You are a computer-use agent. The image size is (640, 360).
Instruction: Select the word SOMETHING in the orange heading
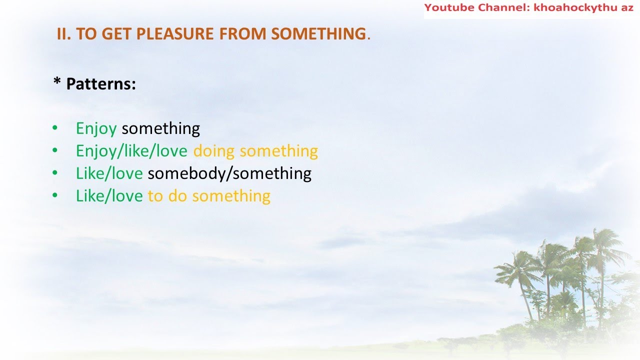318,34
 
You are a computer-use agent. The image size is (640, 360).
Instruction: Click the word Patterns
100,83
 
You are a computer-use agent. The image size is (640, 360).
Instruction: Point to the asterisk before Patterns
56,82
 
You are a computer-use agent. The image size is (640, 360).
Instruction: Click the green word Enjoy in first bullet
96,129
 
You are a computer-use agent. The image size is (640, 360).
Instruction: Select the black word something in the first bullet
160,128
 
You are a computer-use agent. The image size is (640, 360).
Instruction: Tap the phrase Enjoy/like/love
131,151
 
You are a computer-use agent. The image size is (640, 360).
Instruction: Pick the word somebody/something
229,173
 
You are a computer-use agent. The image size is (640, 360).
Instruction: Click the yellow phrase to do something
209,196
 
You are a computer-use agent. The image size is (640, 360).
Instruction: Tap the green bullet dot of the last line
55,195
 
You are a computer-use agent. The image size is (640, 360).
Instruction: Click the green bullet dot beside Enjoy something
55,128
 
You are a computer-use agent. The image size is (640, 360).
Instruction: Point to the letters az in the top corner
627,7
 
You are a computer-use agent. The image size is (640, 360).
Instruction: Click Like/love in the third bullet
109,173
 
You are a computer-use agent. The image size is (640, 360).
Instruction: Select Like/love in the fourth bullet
109,196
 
